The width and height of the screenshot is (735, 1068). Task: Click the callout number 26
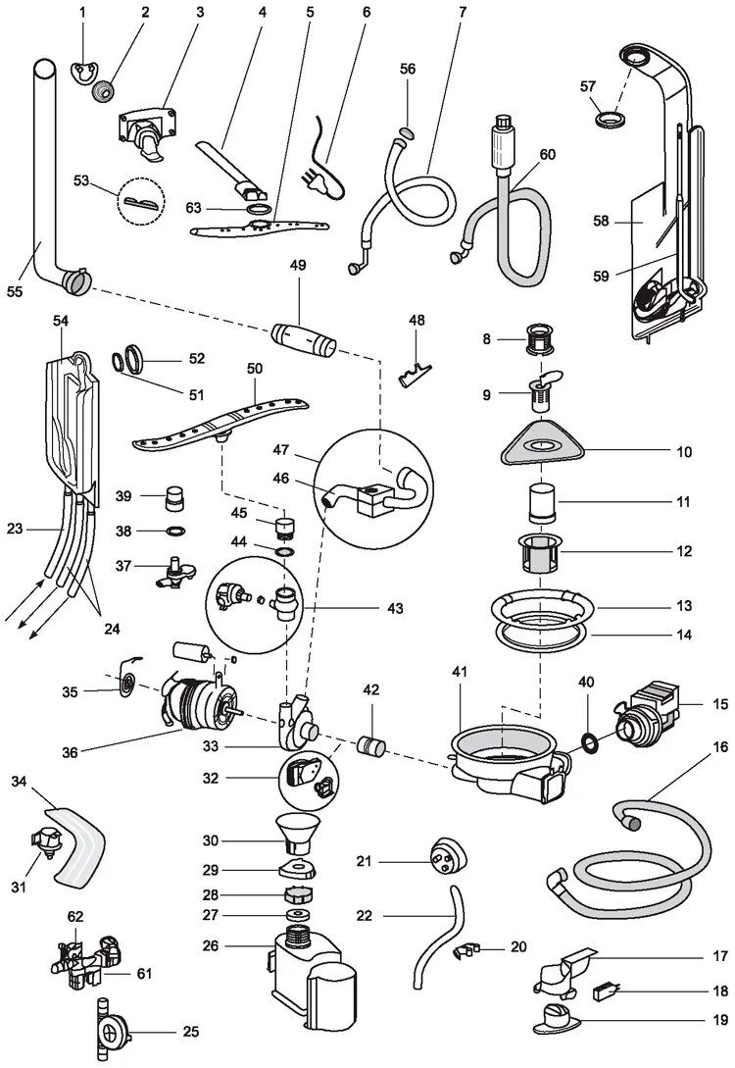[x=236, y=946]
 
